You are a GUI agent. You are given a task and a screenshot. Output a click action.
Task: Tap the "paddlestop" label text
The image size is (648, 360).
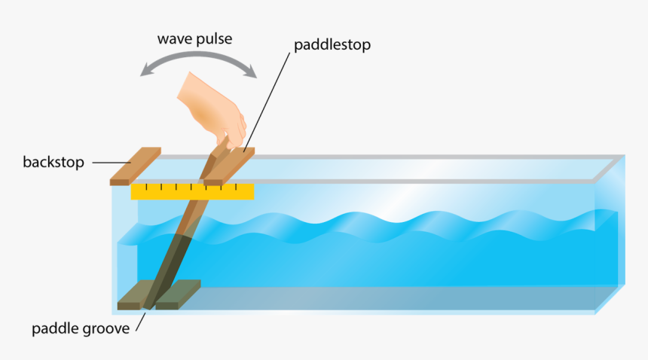click(332, 45)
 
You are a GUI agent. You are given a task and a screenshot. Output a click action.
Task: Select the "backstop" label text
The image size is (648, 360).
click(53, 162)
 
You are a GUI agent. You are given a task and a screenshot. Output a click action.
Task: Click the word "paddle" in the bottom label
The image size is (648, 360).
click(55, 328)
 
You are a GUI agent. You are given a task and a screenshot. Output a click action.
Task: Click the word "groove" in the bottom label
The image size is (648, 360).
click(106, 329)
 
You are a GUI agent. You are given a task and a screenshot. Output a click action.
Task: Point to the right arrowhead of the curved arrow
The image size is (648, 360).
click(250, 72)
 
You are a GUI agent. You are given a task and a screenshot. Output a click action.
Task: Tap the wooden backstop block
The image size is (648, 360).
click(135, 166)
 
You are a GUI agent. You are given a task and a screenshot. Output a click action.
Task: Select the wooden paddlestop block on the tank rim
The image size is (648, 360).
click(229, 166)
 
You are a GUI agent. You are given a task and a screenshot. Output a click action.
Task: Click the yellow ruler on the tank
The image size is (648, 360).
click(192, 192)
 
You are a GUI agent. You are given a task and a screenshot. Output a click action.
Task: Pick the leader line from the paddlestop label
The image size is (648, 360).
click(267, 102)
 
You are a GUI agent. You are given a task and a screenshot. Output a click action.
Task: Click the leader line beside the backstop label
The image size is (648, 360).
click(112, 163)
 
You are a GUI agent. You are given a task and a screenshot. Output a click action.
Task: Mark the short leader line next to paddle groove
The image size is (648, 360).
click(140, 322)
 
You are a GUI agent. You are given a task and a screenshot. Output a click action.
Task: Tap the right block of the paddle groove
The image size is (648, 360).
click(178, 294)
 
